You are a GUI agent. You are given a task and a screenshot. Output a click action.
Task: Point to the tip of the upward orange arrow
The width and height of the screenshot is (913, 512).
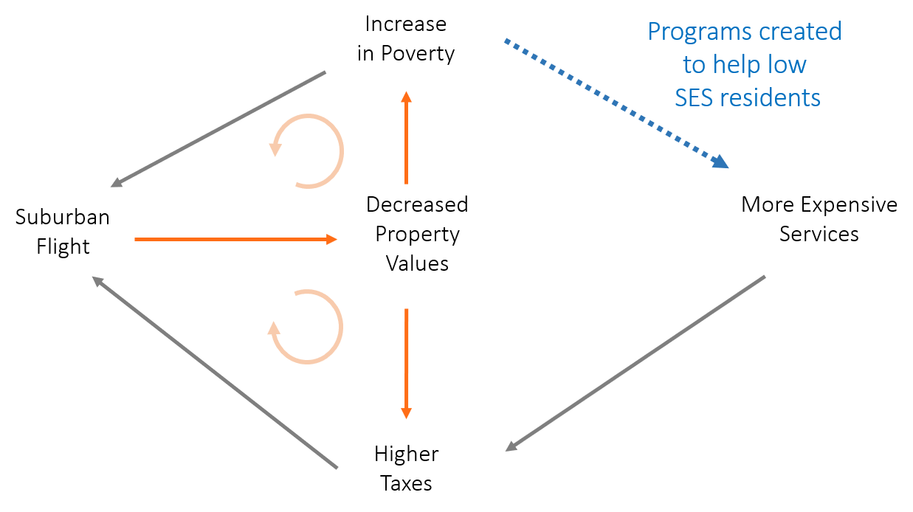(406, 93)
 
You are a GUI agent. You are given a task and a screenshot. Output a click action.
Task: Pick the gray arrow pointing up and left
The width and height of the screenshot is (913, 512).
(214, 372)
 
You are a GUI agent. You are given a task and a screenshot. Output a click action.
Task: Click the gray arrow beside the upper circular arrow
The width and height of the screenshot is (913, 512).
(218, 129)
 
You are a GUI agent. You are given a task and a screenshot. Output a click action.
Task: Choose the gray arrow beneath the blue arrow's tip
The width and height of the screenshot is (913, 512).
(635, 363)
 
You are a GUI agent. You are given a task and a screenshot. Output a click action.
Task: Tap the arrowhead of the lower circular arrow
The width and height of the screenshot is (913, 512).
(275, 329)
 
